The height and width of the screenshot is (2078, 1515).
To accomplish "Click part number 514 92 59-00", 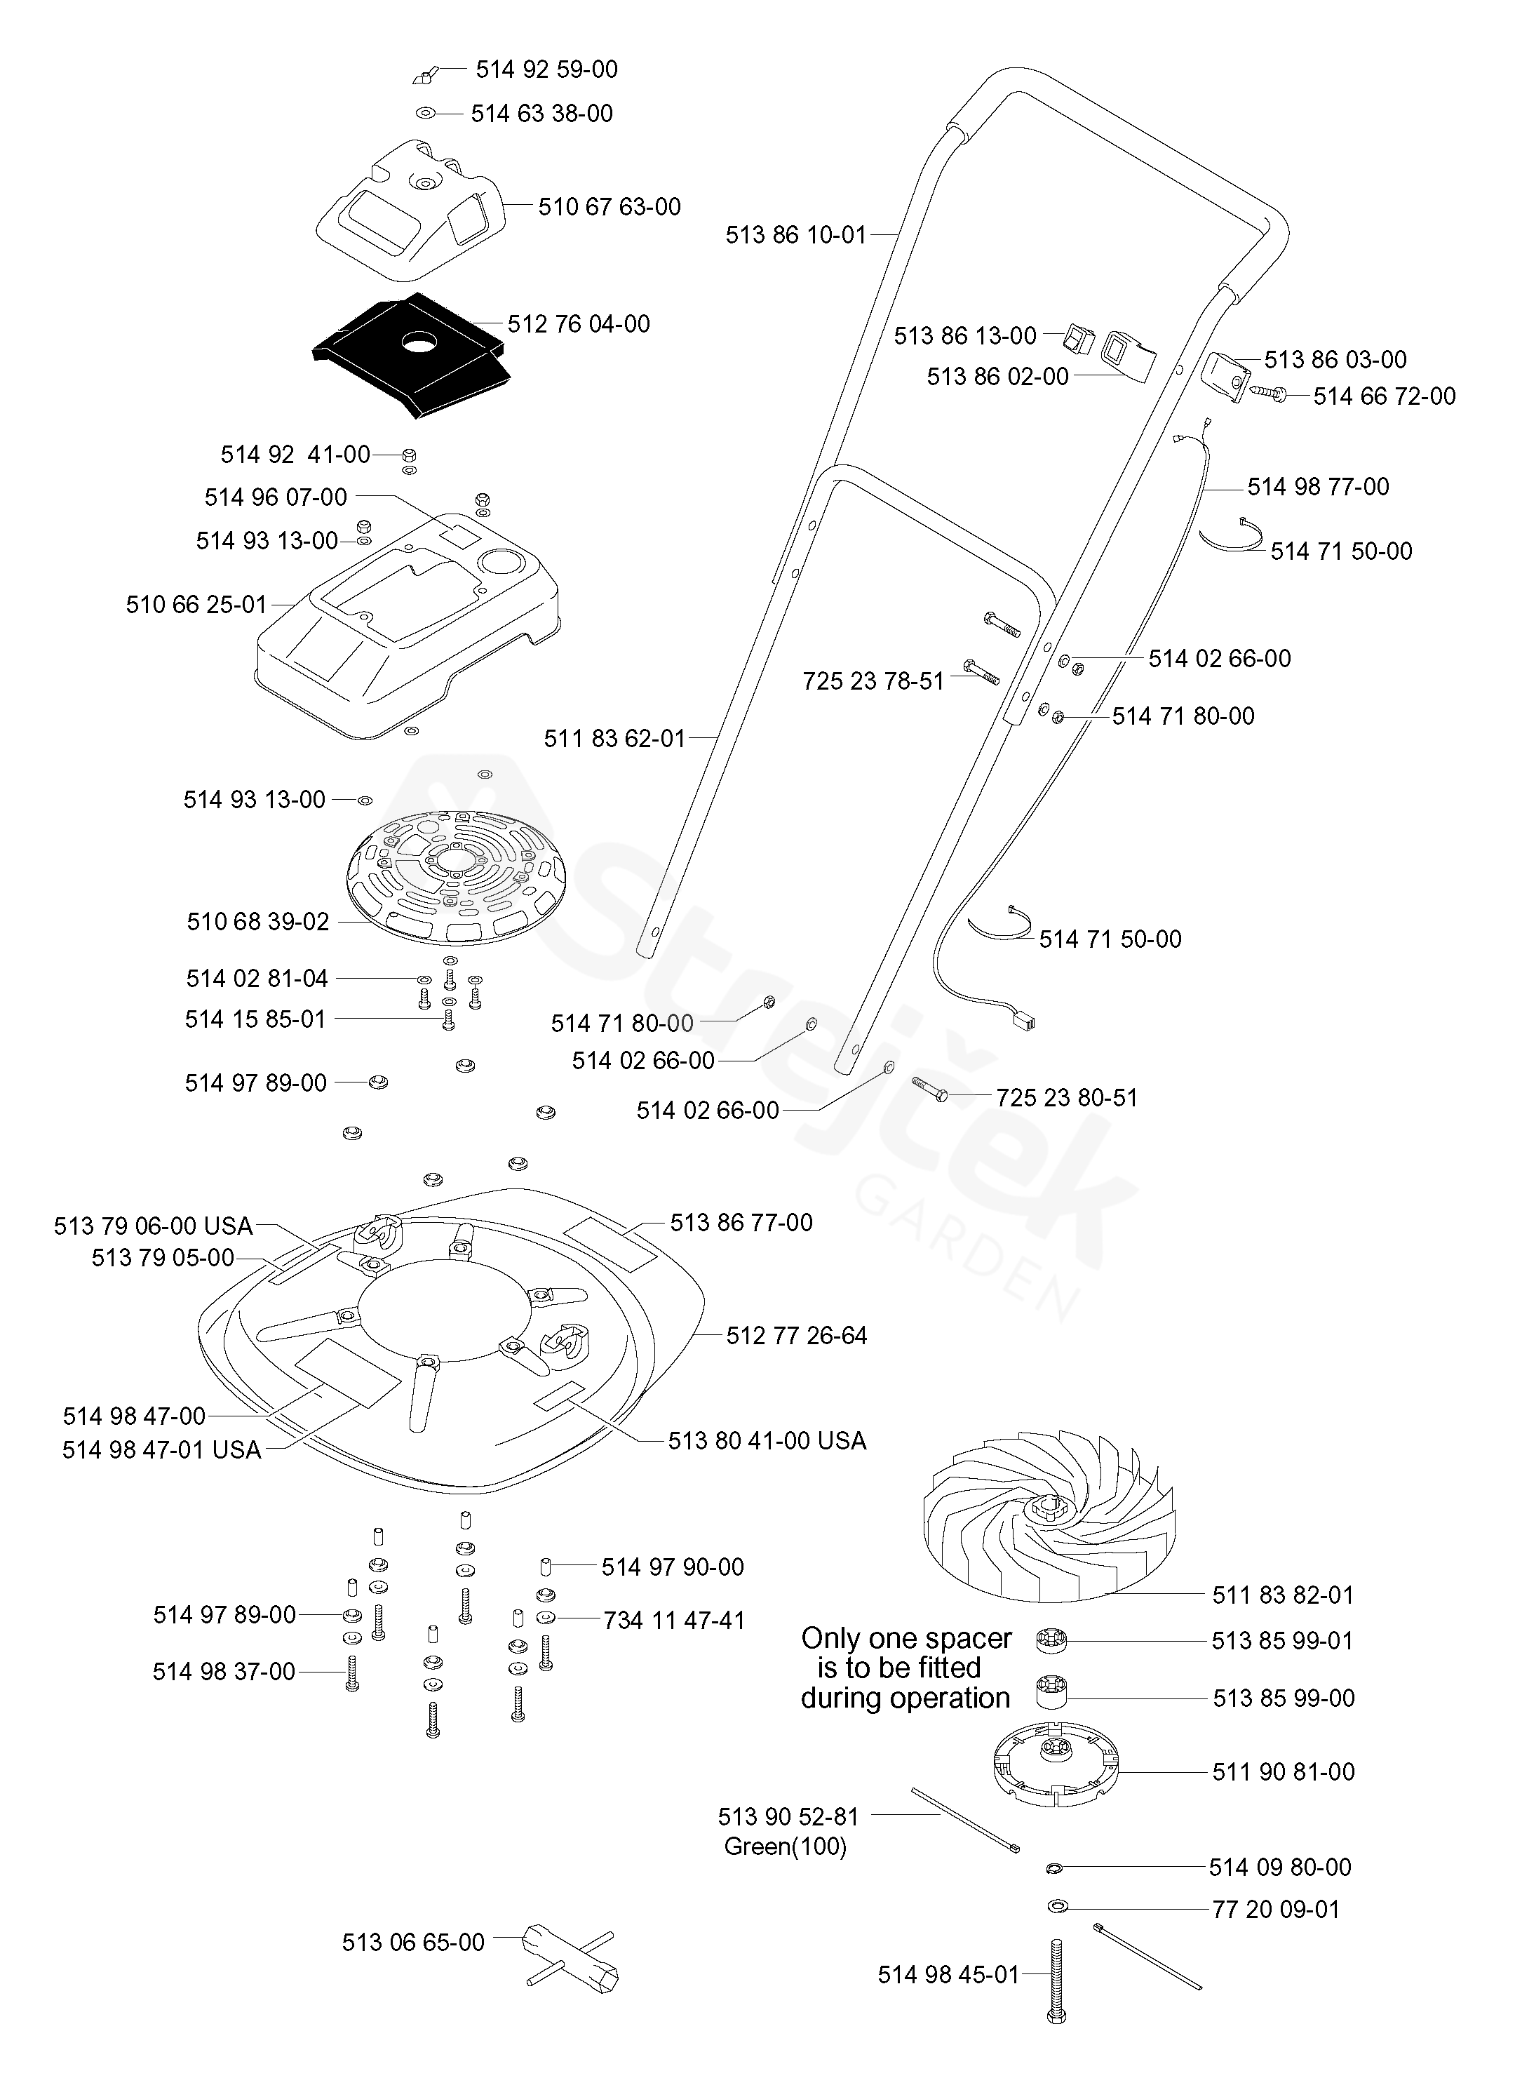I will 546,69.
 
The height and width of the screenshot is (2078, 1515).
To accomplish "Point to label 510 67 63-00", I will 609,207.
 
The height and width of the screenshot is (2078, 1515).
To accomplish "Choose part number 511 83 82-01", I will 1282,1595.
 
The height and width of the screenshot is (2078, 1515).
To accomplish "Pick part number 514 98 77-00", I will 1318,487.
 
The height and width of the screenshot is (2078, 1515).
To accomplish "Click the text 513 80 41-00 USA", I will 767,1441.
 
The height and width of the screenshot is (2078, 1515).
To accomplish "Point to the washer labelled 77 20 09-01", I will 1056,1907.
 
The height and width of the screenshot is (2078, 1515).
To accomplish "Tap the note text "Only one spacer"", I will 906,1638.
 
